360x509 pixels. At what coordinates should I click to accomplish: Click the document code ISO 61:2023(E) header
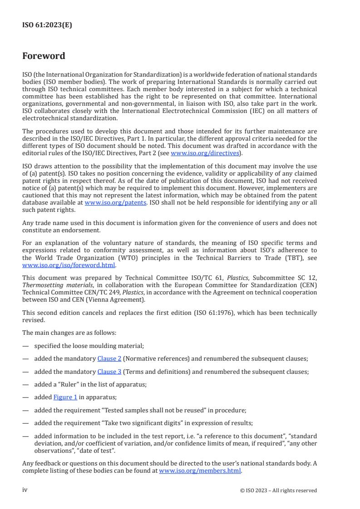pos(47,25)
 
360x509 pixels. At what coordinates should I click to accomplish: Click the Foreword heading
pos(44,56)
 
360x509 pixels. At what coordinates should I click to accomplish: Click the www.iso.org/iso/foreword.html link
pos(69,265)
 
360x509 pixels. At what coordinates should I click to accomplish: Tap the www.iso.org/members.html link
pos(200,470)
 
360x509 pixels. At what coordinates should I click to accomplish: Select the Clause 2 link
pos(109,358)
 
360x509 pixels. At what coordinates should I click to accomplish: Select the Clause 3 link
pos(109,372)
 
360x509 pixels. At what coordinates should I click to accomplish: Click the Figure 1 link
pos(65,397)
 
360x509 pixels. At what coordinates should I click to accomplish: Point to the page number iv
pos(25,490)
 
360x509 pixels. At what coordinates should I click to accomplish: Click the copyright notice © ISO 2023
pos(278,490)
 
